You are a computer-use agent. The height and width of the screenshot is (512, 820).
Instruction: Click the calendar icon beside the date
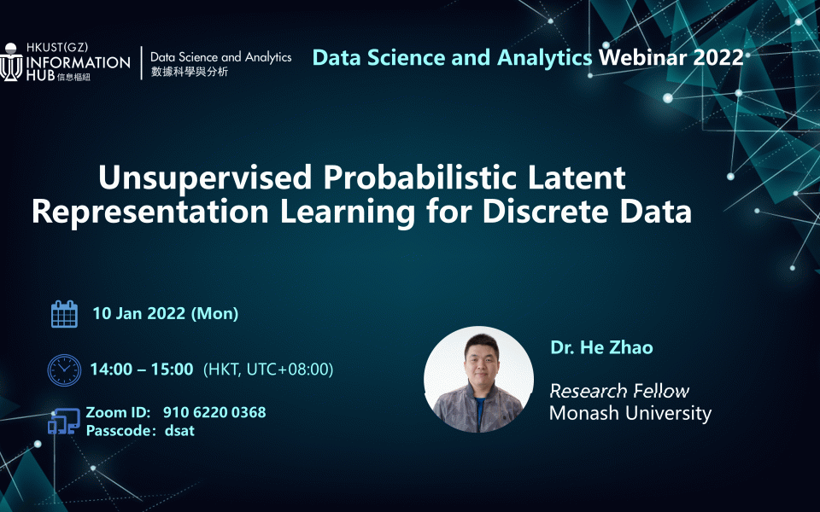pyautogui.click(x=64, y=314)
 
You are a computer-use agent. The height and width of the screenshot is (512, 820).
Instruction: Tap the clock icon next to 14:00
pyautogui.click(x=64, y=369)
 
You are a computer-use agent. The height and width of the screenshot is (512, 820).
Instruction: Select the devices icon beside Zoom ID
pyautogui.click(x=64, y=422)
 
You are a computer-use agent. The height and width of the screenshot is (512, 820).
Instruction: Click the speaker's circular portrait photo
pyautogui.click(x=478, y=380)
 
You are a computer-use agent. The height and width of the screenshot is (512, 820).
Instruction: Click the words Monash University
pyautogui.click(x=630, y=414)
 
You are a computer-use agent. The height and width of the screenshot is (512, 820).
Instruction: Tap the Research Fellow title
pyautogui.click(x=618, y=392)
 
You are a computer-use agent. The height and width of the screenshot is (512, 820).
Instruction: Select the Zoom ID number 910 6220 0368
pyautogui.click(x=220, y=412)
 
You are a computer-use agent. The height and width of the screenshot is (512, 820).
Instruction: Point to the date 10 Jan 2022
pyautogui.click(x=139, y=313)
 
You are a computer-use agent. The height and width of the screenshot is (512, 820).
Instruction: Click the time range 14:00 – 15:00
pyautogui.click(x=142, y=369)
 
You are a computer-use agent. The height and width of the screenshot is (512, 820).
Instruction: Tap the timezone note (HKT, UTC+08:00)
pyautogui.click(x=268, y=369)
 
